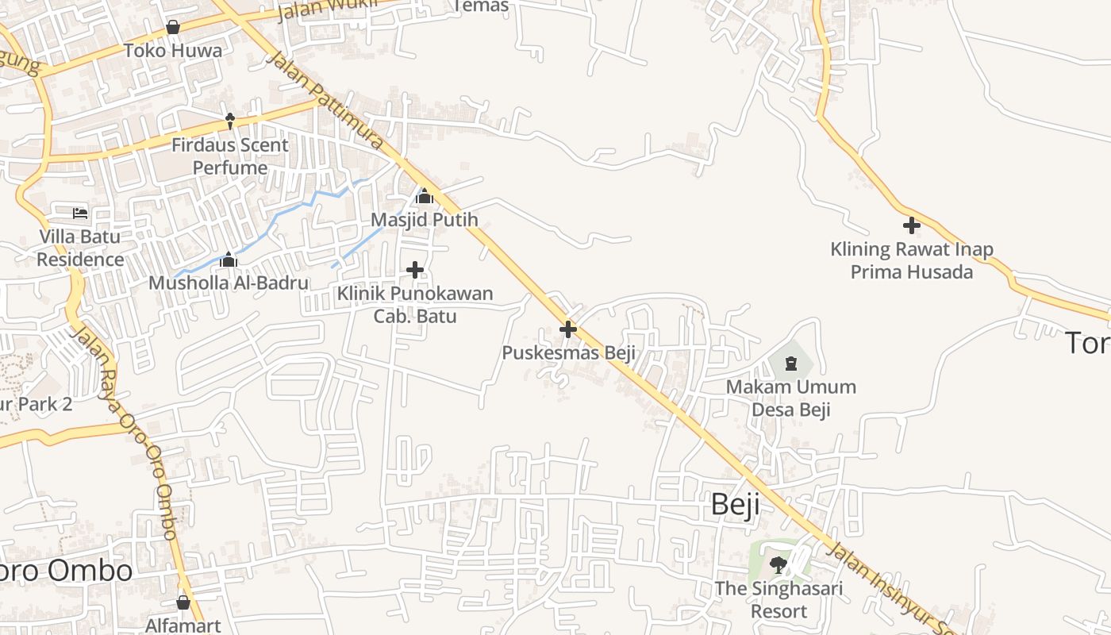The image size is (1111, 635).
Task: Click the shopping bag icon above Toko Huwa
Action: tap(173, 28)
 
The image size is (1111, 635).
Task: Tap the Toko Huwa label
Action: tap(173, 51)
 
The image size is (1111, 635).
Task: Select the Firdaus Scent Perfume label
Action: tap(230, 156)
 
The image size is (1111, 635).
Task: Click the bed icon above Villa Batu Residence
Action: tap(80, 214)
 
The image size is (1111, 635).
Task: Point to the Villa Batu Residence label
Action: tap(80, 248)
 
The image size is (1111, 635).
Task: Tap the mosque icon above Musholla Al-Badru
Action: tap(229, 260)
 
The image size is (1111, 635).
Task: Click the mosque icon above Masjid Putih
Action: tap(425, 196)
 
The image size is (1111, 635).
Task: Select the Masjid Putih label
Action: tap(425, 219)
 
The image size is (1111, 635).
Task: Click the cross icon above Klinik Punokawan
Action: tap(415, 271)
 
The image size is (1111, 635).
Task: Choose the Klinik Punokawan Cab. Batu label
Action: tap(415, 305)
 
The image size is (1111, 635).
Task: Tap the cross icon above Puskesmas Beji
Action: tap(568, 329)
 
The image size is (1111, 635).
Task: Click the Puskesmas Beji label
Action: tap(568, 352)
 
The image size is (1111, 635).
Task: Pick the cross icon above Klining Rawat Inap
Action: tap(912, 225)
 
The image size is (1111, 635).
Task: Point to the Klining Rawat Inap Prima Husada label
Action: tap(912, 260)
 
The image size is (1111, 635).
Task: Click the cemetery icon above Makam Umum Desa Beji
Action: tap(790, 364)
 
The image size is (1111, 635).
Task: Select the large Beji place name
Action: tap(735, 504)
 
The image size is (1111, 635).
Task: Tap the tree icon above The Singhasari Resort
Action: tap(778, 565)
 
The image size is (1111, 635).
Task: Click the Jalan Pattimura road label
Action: tap(325, 101)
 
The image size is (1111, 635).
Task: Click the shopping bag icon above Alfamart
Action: tap(183, 602)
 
